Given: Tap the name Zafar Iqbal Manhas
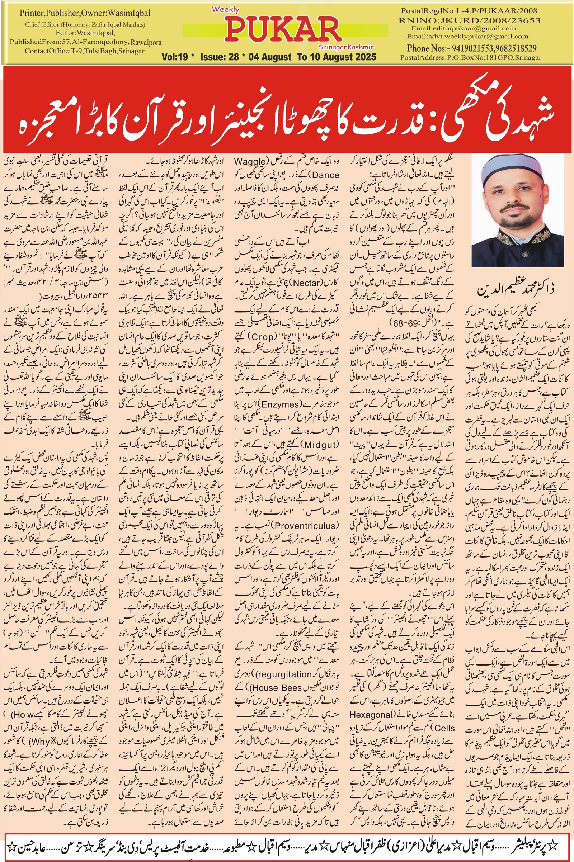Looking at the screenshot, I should coord(119,24).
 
